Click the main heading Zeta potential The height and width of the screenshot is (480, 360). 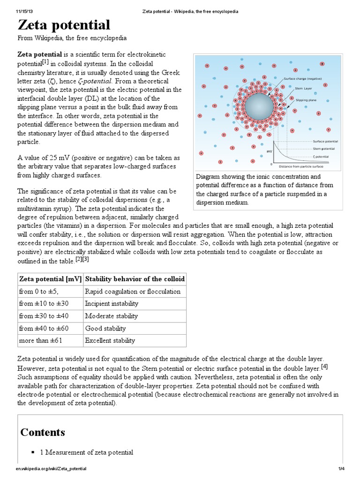point(64,25)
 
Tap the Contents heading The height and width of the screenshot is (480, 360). point(43,432)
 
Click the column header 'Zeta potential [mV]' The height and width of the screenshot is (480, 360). point(50,279)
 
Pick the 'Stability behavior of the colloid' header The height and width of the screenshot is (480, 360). point(135,279)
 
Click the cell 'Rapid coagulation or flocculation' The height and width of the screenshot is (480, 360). point(132,292)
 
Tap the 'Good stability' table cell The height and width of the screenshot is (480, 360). point(105,329)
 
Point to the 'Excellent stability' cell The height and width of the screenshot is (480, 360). point(110,341)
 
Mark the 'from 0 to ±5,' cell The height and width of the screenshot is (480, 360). point(42,292)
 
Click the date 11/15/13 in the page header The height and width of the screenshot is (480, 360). point(23,11)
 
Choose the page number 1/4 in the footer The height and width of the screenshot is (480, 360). point(342,469)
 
